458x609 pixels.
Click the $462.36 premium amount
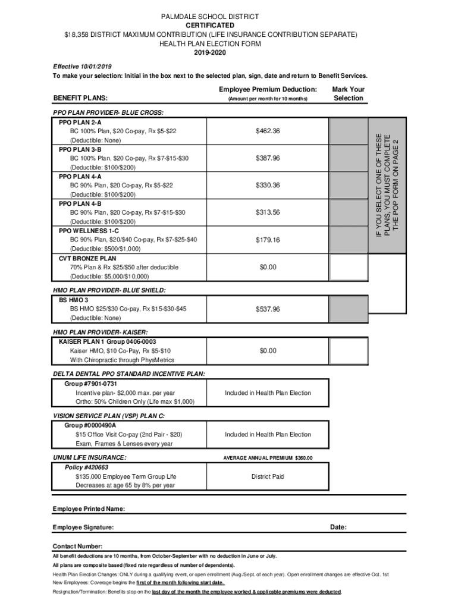268,131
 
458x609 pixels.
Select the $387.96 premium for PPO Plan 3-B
268,158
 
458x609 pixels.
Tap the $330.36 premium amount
268,186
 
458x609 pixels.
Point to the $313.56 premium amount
268,213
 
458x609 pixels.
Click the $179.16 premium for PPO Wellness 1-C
268,240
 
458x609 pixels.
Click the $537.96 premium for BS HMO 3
268,309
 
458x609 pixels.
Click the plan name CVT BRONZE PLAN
87,259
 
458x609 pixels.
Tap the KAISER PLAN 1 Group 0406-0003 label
107,342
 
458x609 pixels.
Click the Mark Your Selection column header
348,93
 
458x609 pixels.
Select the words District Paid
268,477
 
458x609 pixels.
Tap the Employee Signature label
83,528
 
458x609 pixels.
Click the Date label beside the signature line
338,528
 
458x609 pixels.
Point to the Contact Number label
77,547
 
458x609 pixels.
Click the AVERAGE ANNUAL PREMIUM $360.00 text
268,458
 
